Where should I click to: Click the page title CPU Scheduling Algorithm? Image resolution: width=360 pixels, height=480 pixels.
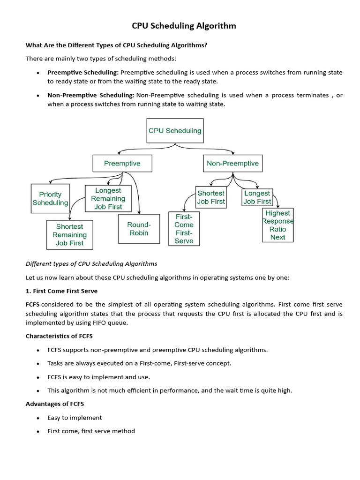(x=184, y=26)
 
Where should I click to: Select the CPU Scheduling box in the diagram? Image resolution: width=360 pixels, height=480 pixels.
(x=175, y=131)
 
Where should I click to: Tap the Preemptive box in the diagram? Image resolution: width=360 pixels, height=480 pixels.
(x=122, y=164)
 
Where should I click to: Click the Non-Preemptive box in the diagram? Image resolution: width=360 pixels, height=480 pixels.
(x=232, y=164)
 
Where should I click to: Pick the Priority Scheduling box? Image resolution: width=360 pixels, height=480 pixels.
(x=50, y=199)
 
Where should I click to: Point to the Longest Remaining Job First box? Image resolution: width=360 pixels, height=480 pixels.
(x=108, y=198)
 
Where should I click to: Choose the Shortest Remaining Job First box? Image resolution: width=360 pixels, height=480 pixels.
(x=69, y=234)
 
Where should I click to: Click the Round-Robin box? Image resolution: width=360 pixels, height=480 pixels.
(x=139, y=229)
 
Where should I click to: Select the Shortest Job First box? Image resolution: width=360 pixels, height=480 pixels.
(x=211, y=197)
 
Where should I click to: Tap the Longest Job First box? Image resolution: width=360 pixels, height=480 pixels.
(x=257, y=197)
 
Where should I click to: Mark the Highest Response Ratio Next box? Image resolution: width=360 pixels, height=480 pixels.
(x=277, y=225)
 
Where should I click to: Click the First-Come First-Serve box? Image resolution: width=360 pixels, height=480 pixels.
(x=184, y=229)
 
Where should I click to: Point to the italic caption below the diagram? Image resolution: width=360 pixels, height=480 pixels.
(x=91, y=263)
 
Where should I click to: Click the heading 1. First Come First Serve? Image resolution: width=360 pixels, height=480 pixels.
(x=61, y=291)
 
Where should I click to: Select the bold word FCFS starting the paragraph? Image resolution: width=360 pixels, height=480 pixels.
(x=33, y=304)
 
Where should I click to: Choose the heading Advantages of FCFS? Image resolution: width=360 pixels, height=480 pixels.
(x=54, y=404)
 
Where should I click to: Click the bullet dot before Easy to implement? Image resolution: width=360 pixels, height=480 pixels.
(x=37, y=418)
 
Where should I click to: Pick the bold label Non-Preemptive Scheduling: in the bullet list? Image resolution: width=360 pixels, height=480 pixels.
(x=90, y=95)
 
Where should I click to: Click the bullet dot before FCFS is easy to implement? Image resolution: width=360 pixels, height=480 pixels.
(x=37, y=377)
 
